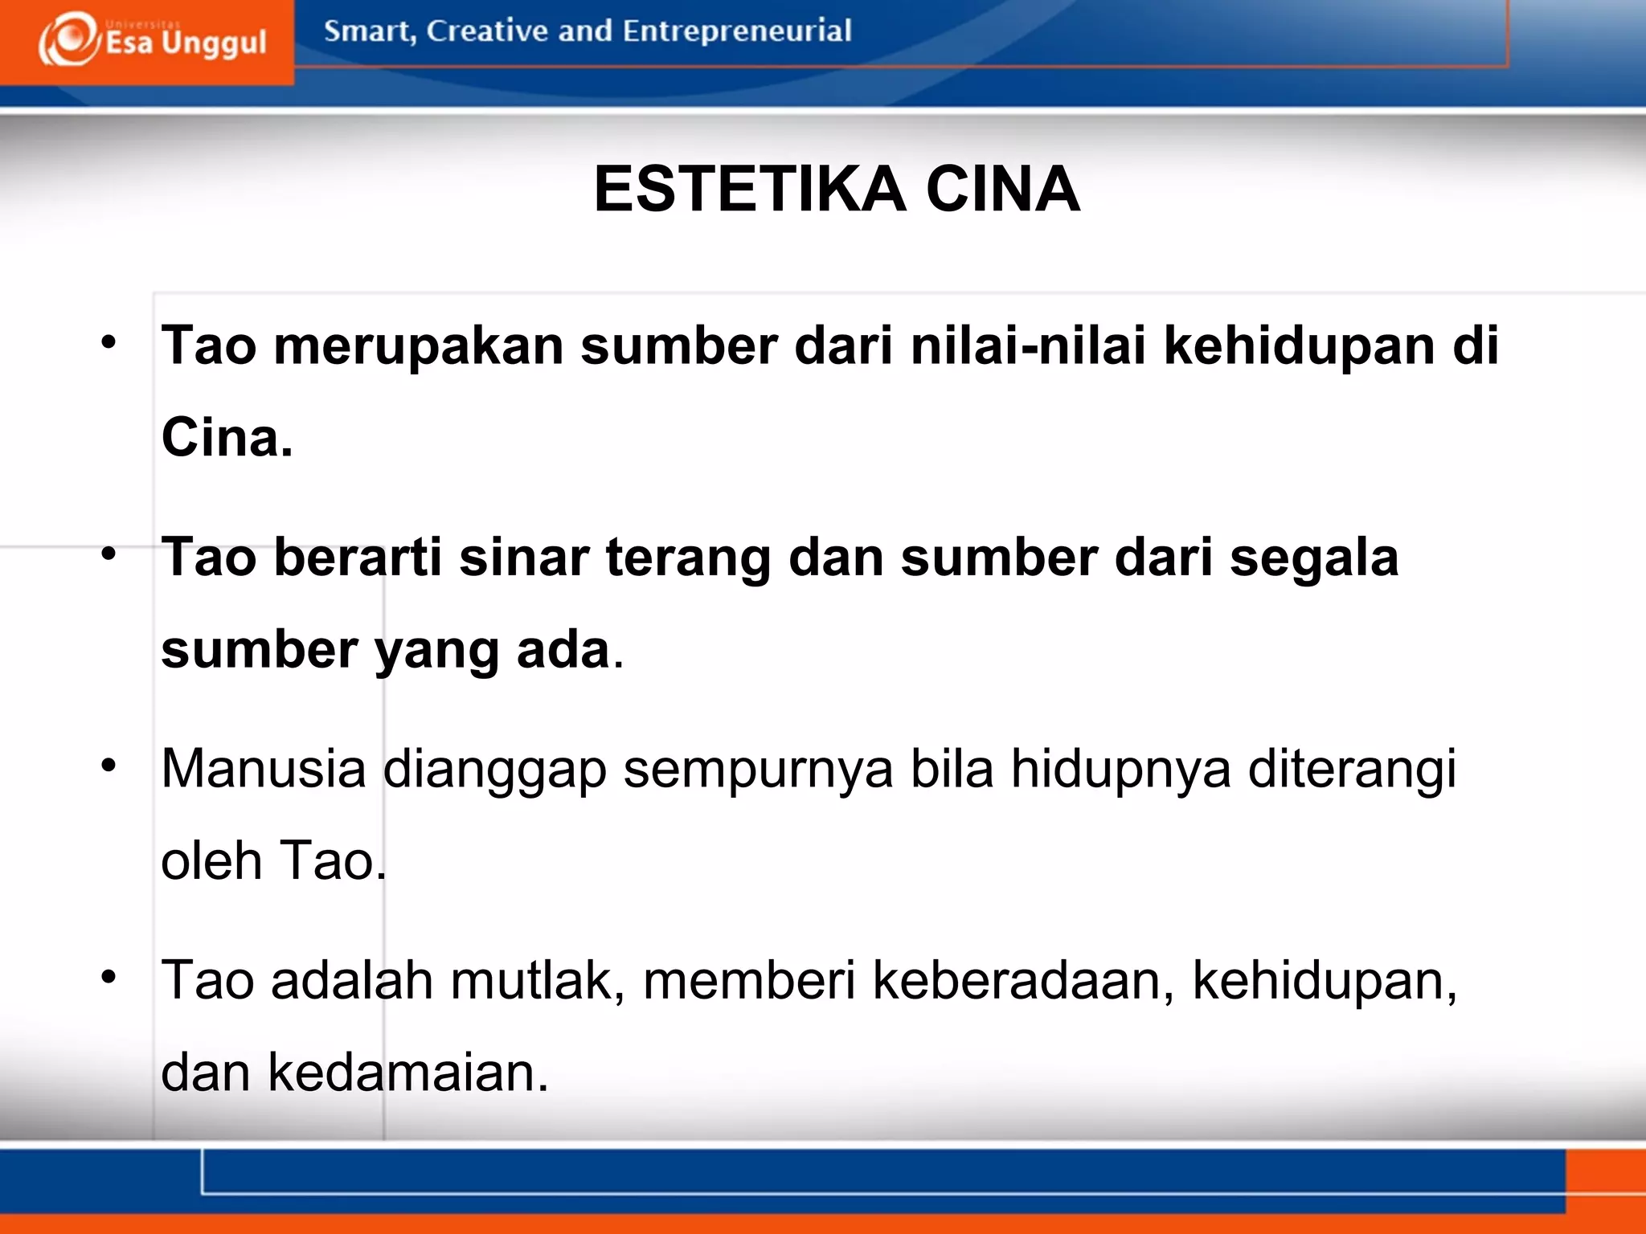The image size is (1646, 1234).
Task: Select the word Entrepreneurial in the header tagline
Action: click(x=736, y=31)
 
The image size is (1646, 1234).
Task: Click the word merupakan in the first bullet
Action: click(x=418, y=346)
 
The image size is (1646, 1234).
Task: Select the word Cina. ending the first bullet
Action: click(x=227, y=438)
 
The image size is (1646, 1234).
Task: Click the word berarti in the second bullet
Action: click(x=358, y=558)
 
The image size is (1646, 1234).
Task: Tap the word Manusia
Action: click(x=264, y=769)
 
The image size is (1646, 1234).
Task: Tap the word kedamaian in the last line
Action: click(x=408, y=1073)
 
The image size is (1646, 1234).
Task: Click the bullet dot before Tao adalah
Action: click(x=109, y=977)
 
